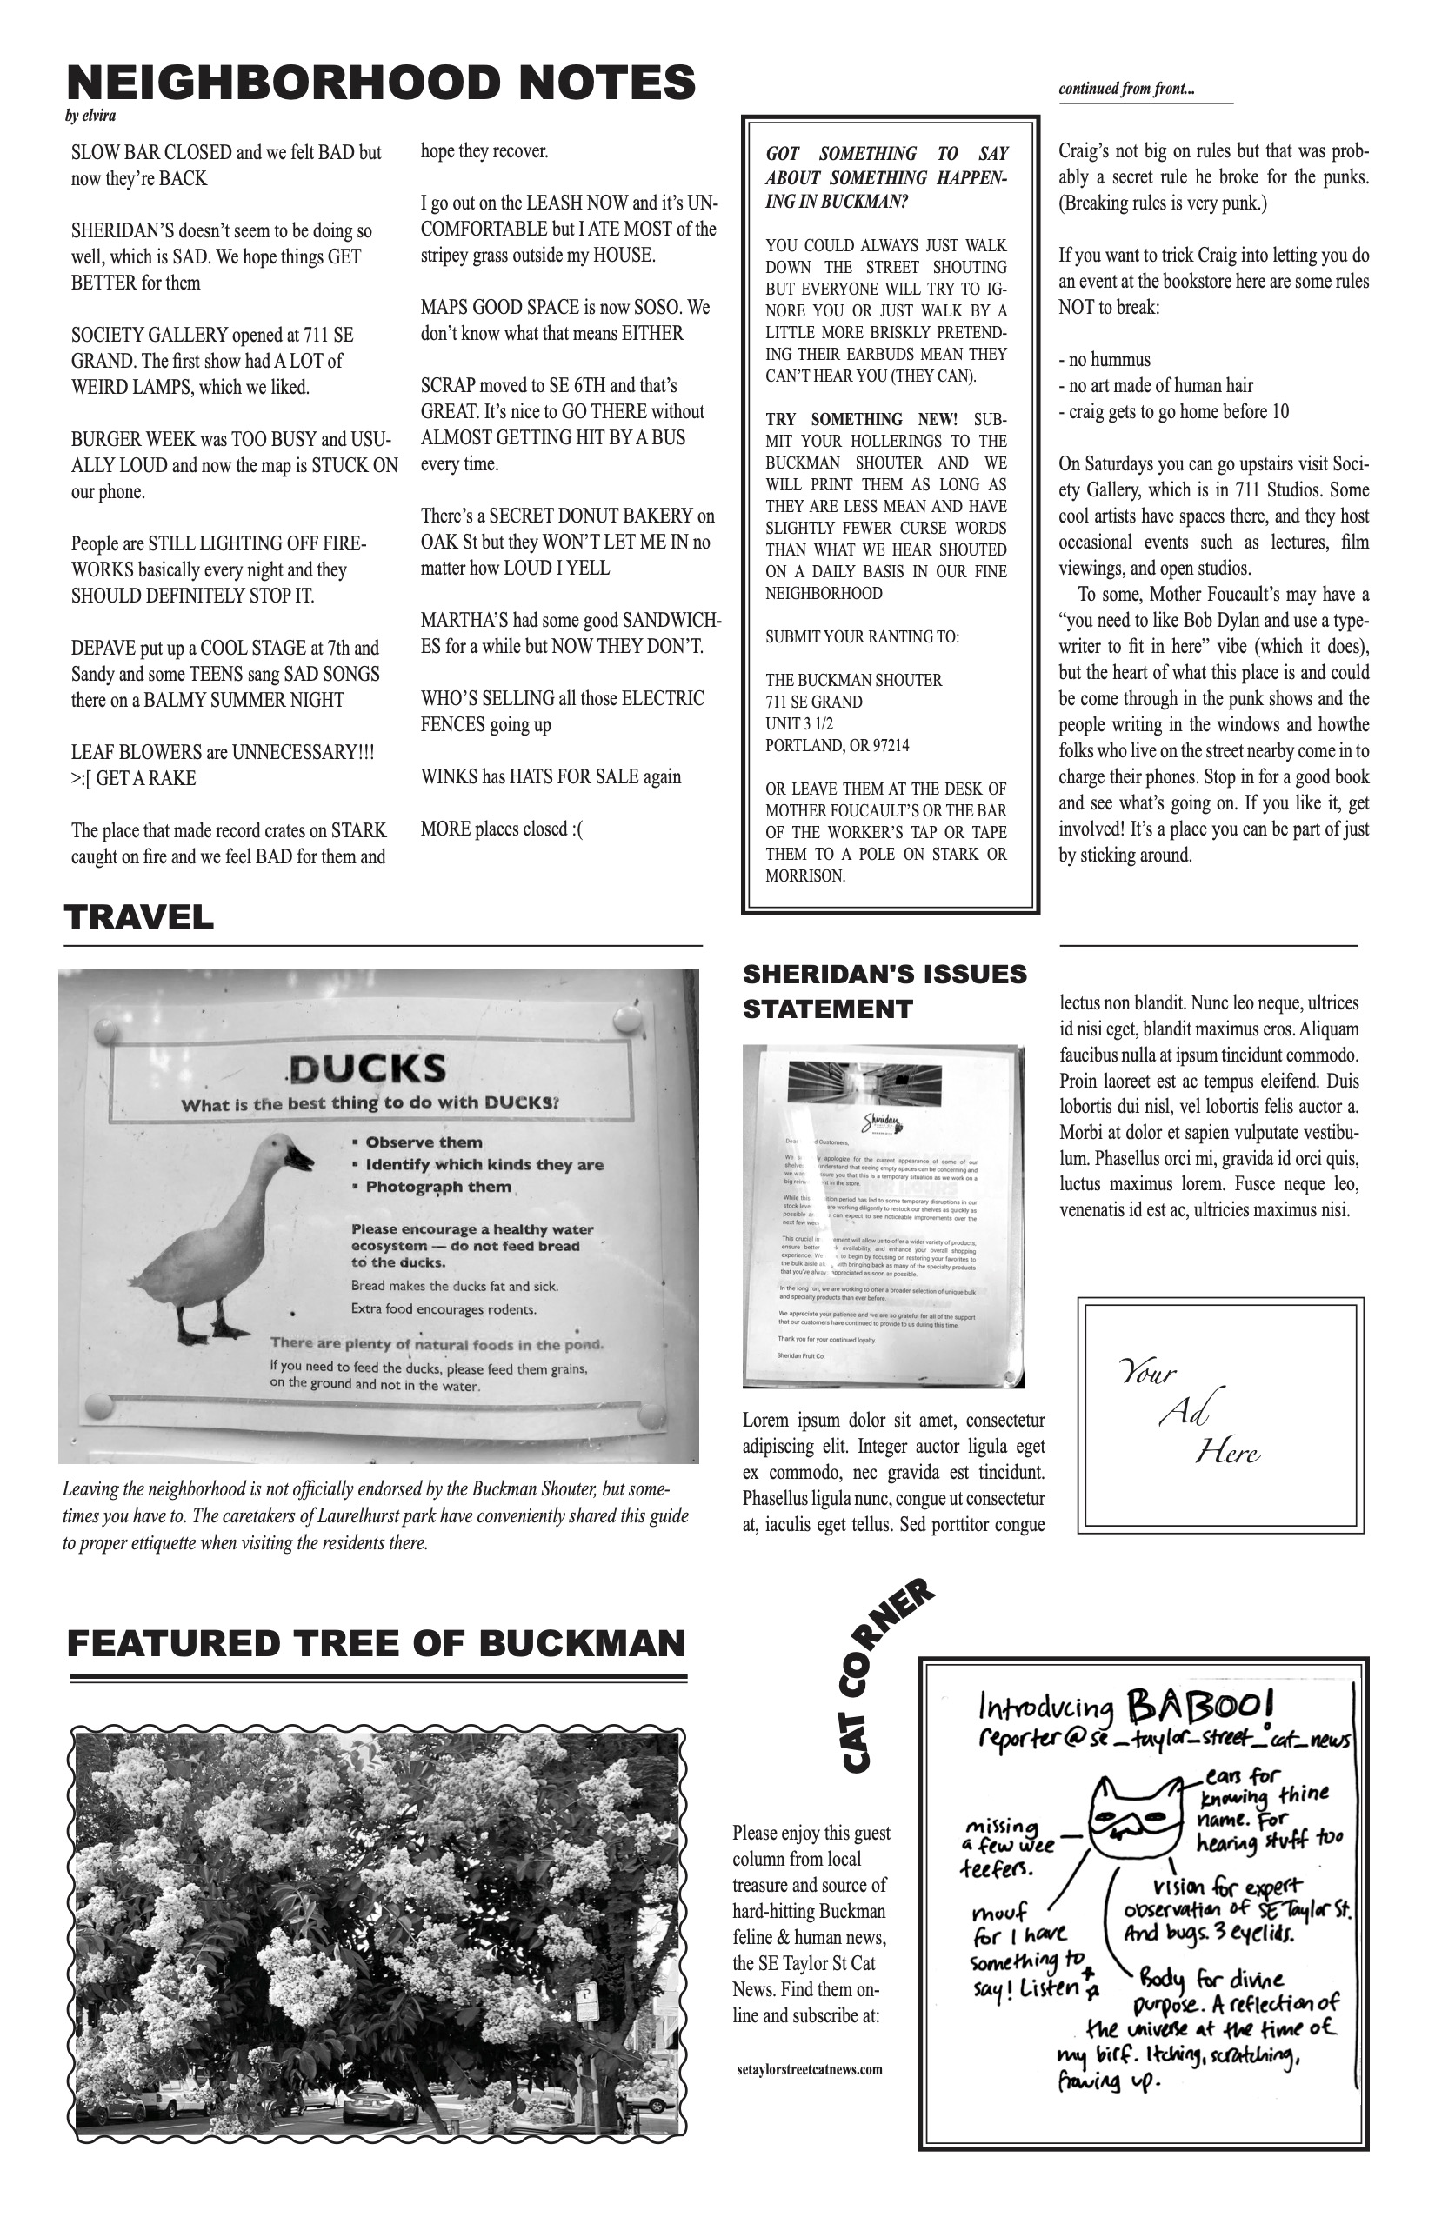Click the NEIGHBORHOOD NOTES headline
click(381, 83)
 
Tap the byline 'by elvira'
click(91, 117)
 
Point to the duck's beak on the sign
click(301, 1162)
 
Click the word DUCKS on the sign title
click(367, 1069)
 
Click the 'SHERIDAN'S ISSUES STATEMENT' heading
click(884, 991)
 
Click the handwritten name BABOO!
click(1200, 1707)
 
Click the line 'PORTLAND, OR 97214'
click(837, 745)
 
